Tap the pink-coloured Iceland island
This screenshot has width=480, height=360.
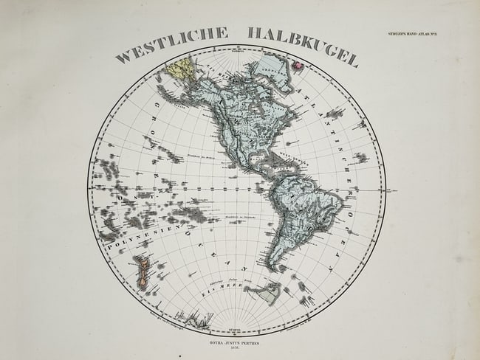click(300, 66)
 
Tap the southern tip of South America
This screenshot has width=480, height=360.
click(275, 267)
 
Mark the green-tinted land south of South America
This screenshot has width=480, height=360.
click(264, 294)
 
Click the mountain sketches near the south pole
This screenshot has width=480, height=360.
click(196, 319)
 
